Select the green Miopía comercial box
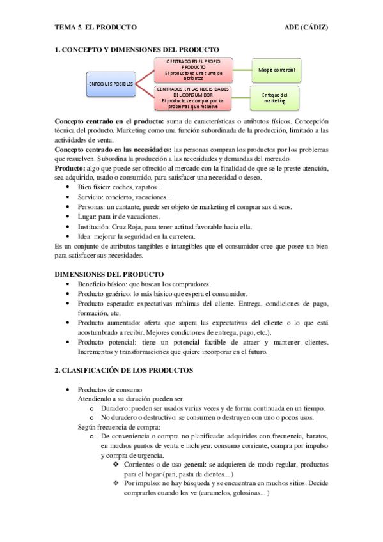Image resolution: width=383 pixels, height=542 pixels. click(x=276, y=69)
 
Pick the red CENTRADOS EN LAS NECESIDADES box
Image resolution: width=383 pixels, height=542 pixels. click(x=190, y=97)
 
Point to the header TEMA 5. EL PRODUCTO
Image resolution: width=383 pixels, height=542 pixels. click(x=95, y=27)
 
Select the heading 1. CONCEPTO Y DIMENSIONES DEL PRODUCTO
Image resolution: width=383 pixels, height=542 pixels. click(x=137, y=49)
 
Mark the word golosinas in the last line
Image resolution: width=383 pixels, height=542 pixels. click(x=243, y=494)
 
